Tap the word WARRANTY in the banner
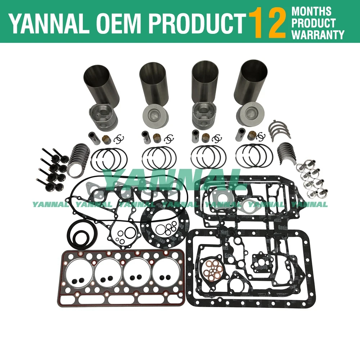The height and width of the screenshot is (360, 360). pyautogui.click(x=318, y=35)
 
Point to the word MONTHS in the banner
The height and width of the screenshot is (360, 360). pyautogui.click(x=312, y=10)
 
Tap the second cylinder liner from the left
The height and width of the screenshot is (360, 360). pyautogui.click(x=153, y=83)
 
